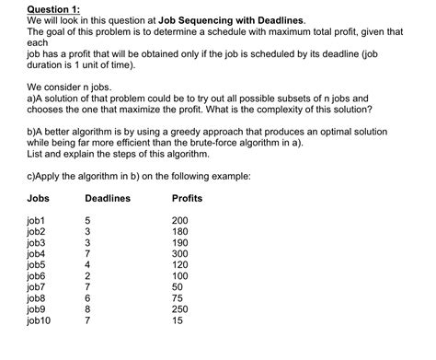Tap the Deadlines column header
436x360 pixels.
pyautogui.click(x=107, y=199)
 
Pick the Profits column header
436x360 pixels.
pyautogui.click(x=187, y=199)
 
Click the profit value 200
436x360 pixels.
pyautogui.click(x=181, y=221)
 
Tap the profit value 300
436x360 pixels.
pyautogui.click(x=181, y=252)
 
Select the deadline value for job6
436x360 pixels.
pyautogui.click(x=87, y=275)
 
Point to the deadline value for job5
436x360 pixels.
pyautogui.click(x=87, y=264)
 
